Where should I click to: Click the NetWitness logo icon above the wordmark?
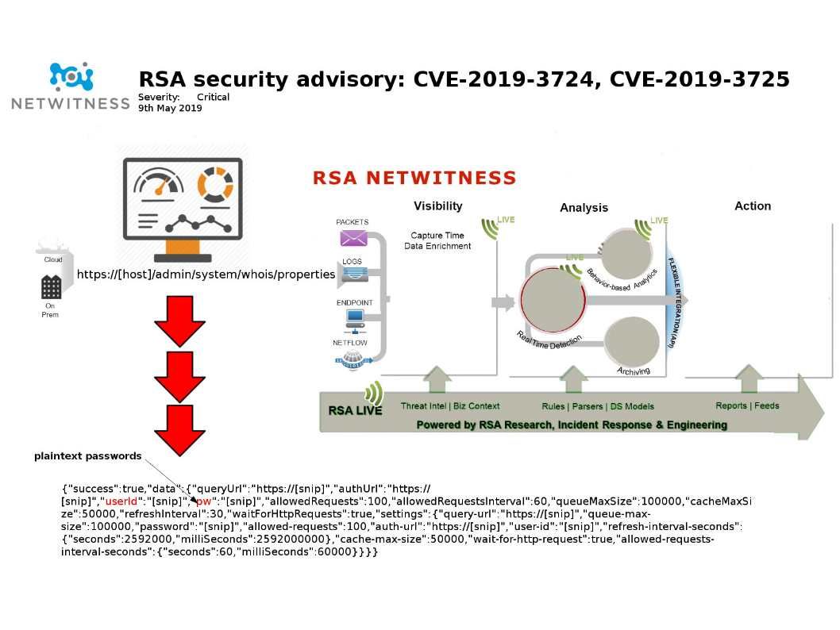click(71, 77)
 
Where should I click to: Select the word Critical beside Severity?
click(213, 97)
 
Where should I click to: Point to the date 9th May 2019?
click(170, 108)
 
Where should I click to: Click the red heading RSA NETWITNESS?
click(414, 178)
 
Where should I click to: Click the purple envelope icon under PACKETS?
click(353, 237)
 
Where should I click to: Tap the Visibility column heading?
click(437, 206)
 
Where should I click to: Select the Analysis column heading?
click(584, 208)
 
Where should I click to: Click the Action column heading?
click(752, 206)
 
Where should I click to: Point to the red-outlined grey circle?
click(553, 299)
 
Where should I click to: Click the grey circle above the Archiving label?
click(631, 340)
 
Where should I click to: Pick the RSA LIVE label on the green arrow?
click(355, 411)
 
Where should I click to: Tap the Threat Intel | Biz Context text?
click(450, 406)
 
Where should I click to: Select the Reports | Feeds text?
click(747, 405)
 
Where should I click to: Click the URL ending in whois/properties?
click(206, 275)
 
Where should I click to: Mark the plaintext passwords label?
click(87, 456)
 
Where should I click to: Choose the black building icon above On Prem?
click(52, 287)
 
